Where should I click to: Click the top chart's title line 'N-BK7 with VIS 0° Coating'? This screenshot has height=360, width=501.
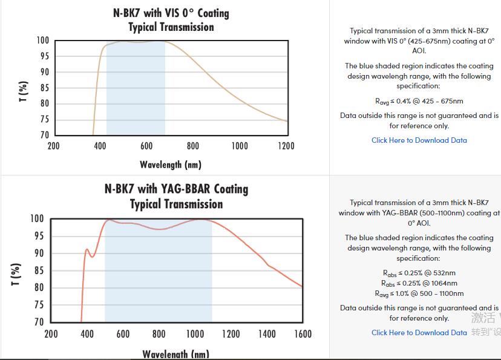pos(171,13)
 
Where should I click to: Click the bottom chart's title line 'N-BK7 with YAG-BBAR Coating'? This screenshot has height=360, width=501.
pos(176,189)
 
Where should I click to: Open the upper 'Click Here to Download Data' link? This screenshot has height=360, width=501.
pos(419,140)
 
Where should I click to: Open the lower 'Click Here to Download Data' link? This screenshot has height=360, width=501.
pos(419,333)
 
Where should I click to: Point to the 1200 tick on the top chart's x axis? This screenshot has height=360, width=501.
pos(286,146)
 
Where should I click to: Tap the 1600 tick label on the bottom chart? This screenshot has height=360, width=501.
pos(303,334)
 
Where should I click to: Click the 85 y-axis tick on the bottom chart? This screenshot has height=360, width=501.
pos(38,270)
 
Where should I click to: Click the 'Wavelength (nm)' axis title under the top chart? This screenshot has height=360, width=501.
pos(171,165)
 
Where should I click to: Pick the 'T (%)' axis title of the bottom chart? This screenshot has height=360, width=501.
pos(16,275)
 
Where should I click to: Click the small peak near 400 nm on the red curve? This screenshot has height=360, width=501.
pos(87,249)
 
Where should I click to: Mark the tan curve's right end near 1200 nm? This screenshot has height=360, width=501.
pos(287,122)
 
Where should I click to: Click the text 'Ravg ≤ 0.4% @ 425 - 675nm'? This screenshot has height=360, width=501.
pos(419,101)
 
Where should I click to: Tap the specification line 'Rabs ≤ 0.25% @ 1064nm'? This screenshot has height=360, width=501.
pos(419,283)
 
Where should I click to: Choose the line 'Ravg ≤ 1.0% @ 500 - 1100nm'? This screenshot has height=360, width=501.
pos(419,293)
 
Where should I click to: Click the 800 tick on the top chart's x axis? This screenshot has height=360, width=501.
pos(193,146)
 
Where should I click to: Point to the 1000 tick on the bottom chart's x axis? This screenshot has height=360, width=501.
pos(195,334)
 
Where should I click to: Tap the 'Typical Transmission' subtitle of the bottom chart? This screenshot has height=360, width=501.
pos(176,204)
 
